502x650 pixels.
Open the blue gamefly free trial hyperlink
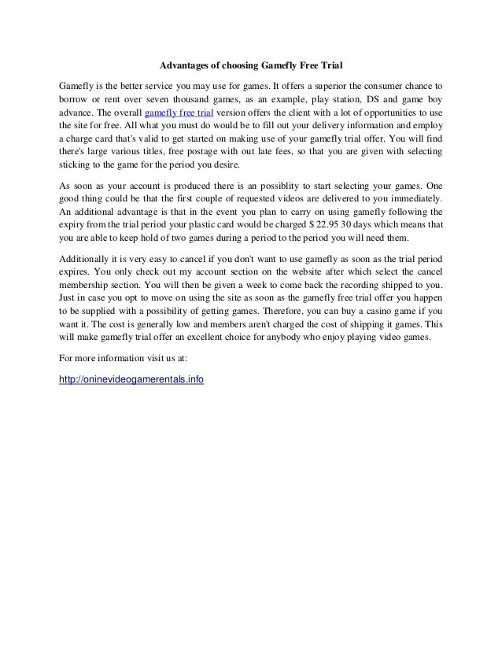179,112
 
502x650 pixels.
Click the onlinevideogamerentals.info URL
132,379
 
